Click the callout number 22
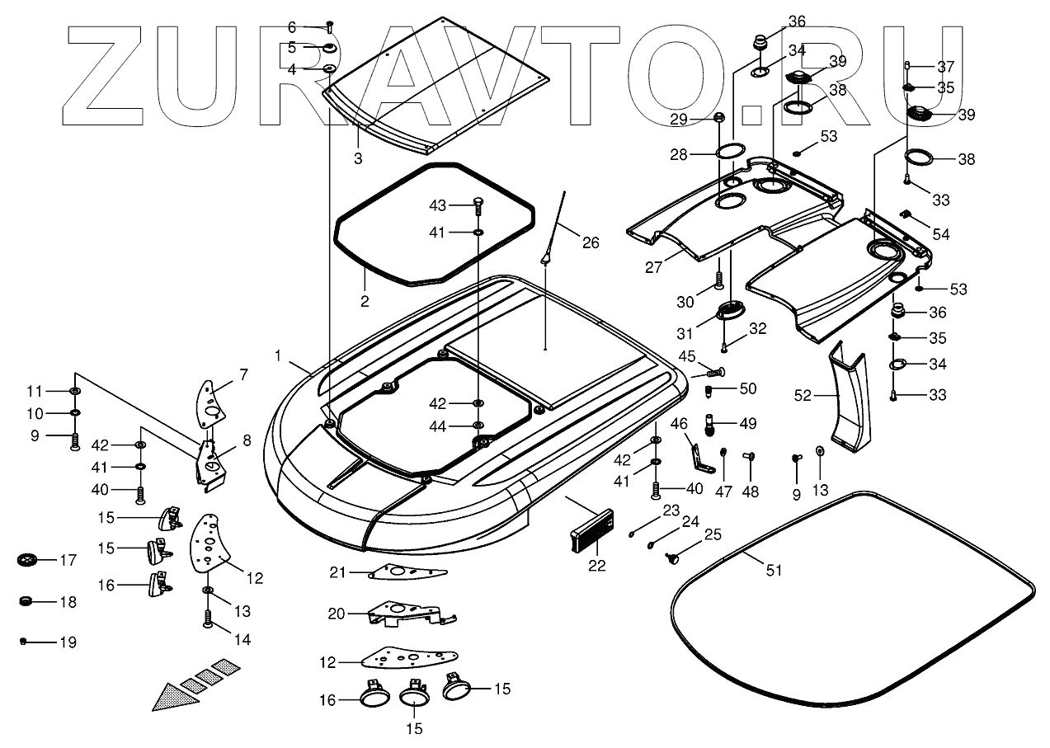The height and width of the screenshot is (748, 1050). click(596, 566)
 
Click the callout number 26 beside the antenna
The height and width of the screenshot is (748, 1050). click(591, 242)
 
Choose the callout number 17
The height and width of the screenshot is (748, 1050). click(67, 560)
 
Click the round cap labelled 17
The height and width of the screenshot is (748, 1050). click(28, 560)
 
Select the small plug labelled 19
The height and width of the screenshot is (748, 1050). click(24, 640)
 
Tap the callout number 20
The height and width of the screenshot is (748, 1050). click(336, 613)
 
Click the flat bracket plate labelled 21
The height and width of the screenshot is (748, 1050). click(404, 572)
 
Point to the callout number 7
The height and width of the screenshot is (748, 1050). click(243, 375)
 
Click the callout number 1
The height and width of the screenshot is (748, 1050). click(279, 355)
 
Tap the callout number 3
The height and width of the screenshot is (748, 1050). click(358, 158)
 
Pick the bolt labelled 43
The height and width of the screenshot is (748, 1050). click(478, 203)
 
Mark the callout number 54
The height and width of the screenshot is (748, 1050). click(941, 235)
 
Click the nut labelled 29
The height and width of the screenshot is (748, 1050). click(719, 119)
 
